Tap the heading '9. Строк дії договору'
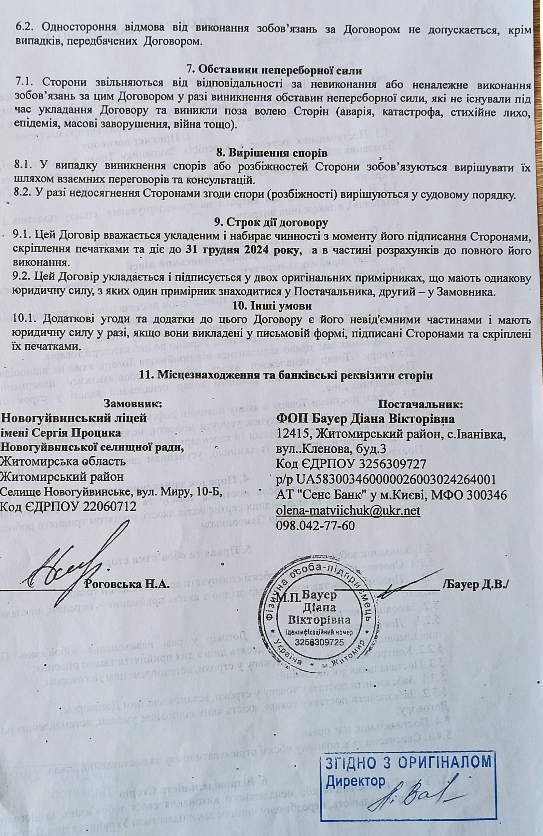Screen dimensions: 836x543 click(271, 222)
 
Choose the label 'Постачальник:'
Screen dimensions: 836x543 click(420, 404)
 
